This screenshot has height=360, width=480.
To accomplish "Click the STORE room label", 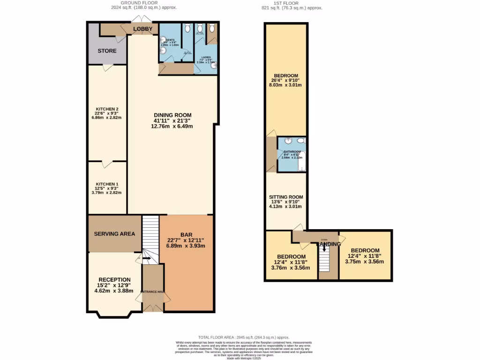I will pyautogui.click(x=107, y=51).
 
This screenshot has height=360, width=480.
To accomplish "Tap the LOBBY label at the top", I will pyautogui.click(x=142, y=29).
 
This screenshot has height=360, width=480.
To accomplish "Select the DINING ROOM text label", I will pyautogui.click(x=173, y=115).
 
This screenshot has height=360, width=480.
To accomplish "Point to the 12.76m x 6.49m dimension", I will pyautogui.click(x=173, y=126).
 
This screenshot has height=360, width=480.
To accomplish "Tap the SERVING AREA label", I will pyautogui.click(x=114, y=233).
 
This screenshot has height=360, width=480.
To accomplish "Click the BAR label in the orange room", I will pyautogui.click(x=186, y=234).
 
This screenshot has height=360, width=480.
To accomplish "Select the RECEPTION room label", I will pyautogui.click(x=114, y=279).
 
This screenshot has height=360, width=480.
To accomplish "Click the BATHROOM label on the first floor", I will pyautogui.click(x=291, y=151).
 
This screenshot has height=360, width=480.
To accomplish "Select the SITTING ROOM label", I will pyautogui.click(x=286, y=197).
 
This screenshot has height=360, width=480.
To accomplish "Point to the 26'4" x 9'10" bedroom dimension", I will pyautogui.click(x=285, y=80).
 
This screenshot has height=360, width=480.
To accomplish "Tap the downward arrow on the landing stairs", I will pyautogui.click(x=324, y=249).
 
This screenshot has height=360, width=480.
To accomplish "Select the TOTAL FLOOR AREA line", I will pyautogui.click(x=243, y=337).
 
